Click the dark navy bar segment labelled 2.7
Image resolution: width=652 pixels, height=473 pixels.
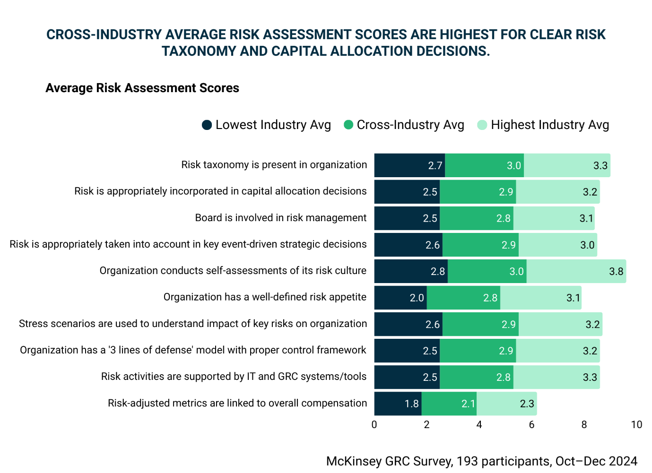coord(409,165)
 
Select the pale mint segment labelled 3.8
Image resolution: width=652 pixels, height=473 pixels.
coord(576,271)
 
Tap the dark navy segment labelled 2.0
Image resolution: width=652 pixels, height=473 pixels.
coord(400,298)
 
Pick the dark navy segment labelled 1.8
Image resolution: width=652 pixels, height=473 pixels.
coord(398,404)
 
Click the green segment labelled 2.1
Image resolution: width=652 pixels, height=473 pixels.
coord(449,404)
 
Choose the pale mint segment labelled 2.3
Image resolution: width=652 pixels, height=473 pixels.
coord(507,404)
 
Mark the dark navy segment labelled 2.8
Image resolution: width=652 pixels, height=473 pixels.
coord(411,271)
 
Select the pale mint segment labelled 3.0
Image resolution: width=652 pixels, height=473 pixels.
coord(558,245)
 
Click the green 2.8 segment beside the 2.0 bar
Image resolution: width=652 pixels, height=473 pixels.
coord(463,298)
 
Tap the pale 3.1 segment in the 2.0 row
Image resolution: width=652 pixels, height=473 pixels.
coord(541,298)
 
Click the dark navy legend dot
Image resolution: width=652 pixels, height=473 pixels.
coord(207,125)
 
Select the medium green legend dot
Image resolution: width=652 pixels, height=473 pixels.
coord(348,124)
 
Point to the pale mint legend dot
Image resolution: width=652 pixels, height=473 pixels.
coord(482,125)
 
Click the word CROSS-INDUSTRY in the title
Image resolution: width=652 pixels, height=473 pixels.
coord(104,34)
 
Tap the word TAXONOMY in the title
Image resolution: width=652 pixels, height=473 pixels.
coord(199,51)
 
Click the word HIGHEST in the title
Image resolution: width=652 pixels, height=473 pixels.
coord(468,34)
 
